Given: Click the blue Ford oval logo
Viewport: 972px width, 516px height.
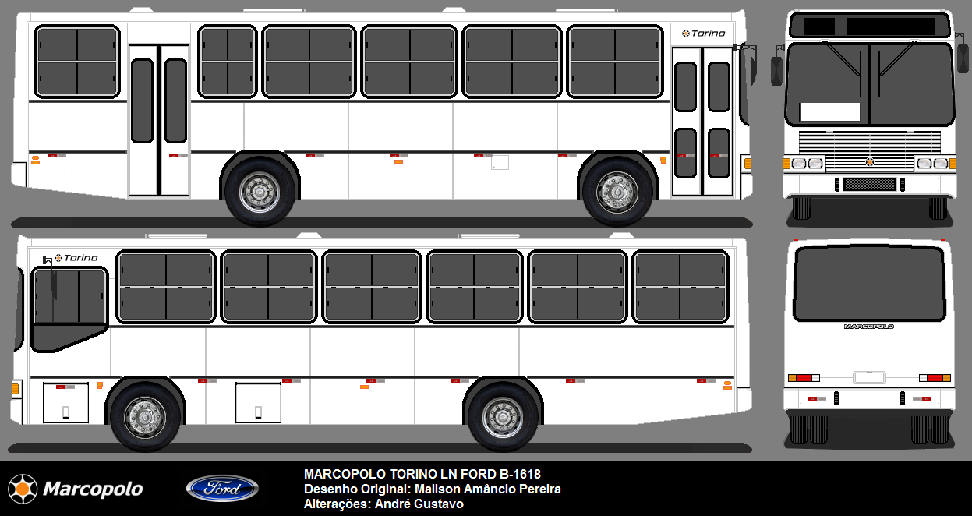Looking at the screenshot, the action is (x=222, y=488).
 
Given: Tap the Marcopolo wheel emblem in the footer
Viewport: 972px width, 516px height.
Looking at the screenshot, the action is (x=23, y=489).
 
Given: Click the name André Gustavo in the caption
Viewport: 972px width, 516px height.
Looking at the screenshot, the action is (x=419, y=504).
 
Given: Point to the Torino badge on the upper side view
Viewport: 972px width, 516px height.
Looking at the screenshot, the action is (x=703, y=34).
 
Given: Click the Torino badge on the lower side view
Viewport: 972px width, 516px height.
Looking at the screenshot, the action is (x=76, y=258).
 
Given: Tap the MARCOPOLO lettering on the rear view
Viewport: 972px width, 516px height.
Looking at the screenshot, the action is (x=869, y=327).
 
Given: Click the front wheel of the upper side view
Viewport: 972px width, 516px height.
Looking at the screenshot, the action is (x=617, y=193).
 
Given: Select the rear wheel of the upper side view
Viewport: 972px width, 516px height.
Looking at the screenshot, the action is (x=260, y=193).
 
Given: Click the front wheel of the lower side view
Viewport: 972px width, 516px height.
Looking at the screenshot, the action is (x=145, y=418).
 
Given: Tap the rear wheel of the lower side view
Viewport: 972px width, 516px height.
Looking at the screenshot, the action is (x=503, y=418).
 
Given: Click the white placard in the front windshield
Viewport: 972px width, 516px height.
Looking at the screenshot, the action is (x=829, y=112).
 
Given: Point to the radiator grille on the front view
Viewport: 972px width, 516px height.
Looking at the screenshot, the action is (x=870, y=150).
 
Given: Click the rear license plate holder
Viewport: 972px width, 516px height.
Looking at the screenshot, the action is (x=869, y=377).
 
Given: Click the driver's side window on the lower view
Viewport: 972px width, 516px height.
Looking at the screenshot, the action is (x=69, y=309).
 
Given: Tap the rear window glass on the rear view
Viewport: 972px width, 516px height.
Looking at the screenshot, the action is (x=869, y=284).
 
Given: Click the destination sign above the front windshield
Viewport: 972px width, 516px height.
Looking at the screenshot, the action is (x=870, y=26).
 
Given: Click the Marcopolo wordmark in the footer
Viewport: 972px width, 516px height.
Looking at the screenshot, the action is (x=93, y=489).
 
